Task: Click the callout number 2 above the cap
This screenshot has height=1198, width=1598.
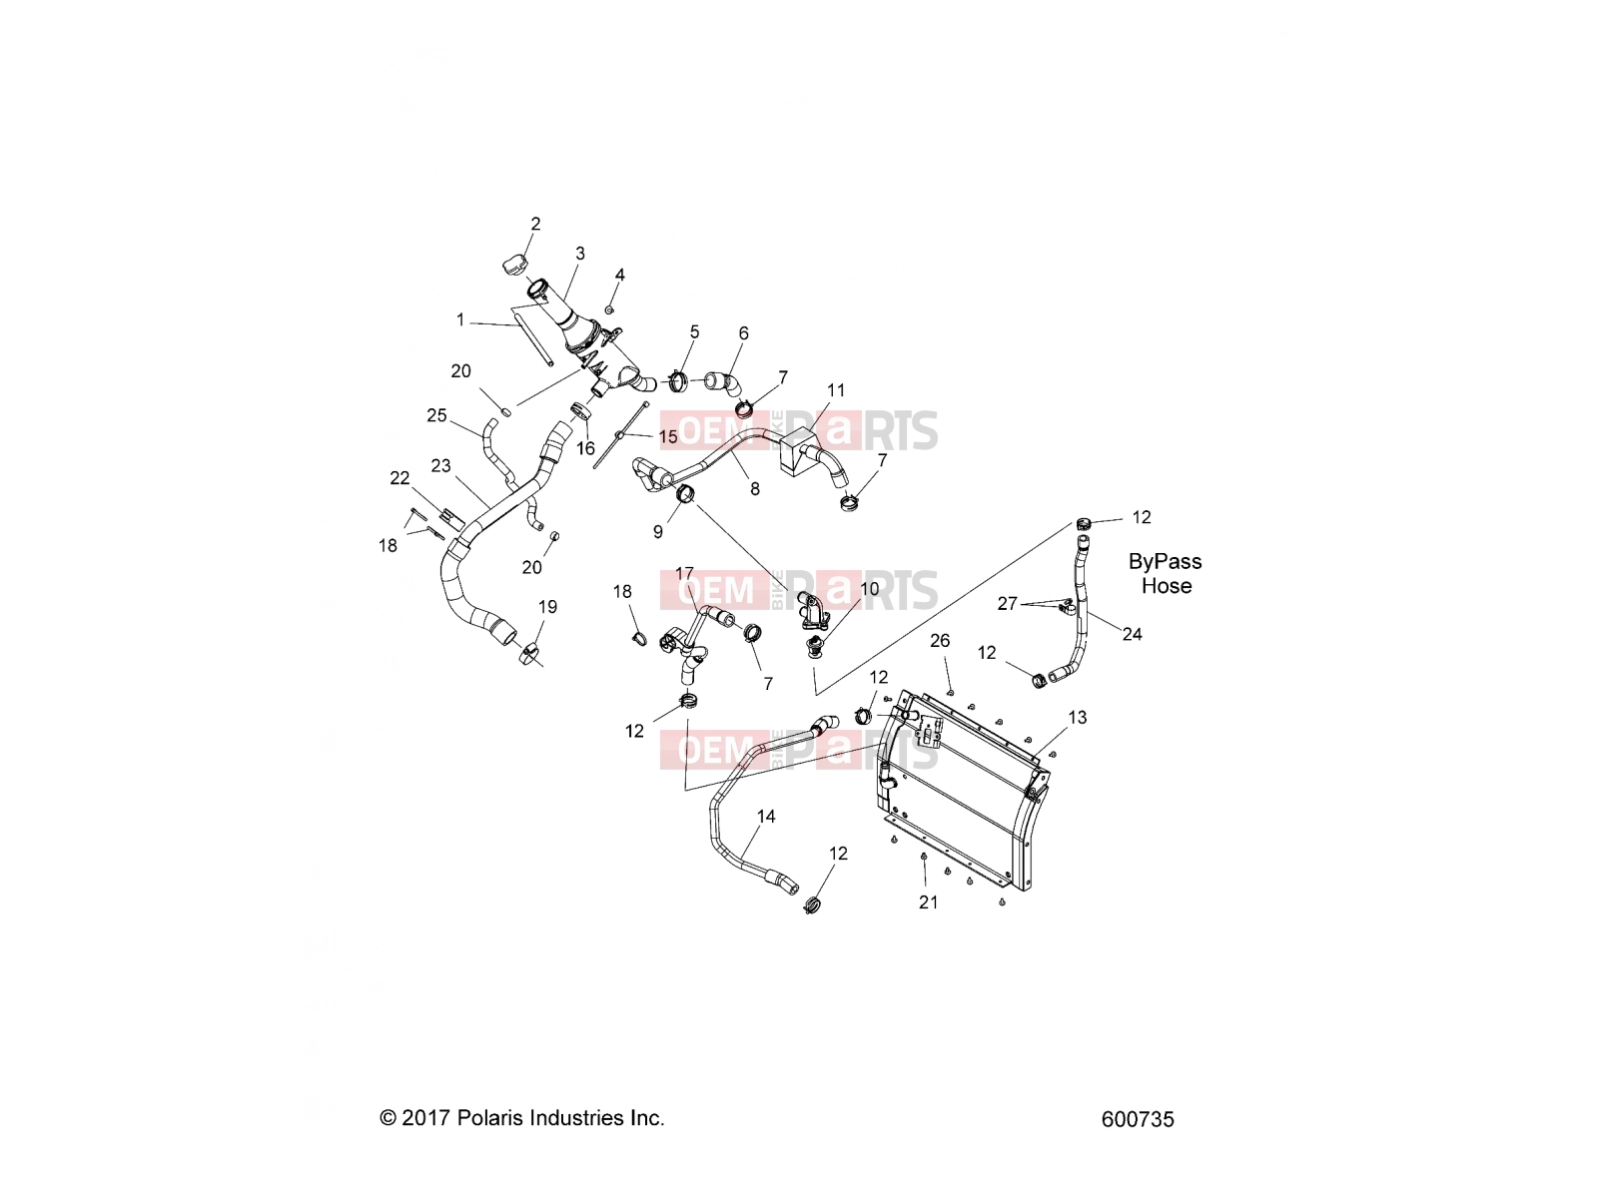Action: coord(535,224)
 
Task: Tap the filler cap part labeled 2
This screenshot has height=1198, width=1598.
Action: coord(514,266)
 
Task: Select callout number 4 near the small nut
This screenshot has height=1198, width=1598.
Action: coord(619,275)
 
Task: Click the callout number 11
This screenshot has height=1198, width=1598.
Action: coord(836,390)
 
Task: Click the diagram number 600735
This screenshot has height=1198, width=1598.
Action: coord(1138,1119)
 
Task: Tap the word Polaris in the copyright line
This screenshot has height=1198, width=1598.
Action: coord(490,1117)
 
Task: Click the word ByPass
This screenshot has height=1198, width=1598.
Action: coord(1165,561)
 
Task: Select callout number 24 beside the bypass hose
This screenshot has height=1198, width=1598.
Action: coord(1132,634)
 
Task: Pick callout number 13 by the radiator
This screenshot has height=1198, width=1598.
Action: coord(1077,718)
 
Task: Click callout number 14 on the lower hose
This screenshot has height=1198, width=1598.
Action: coord(765,817)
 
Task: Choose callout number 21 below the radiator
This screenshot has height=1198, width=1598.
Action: coord(928,902)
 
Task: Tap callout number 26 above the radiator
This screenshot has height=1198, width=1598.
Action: coord(940,641)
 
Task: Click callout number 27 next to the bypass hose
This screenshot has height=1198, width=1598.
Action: coord(1007,604)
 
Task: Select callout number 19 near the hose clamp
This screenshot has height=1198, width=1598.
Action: coord(547,607)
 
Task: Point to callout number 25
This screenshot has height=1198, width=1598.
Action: coord(436,415)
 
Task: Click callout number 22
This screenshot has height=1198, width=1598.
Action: coord(399,478)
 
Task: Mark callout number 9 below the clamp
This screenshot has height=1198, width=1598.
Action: coord(657,532)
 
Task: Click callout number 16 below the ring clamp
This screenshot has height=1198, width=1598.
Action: coord(585,449)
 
